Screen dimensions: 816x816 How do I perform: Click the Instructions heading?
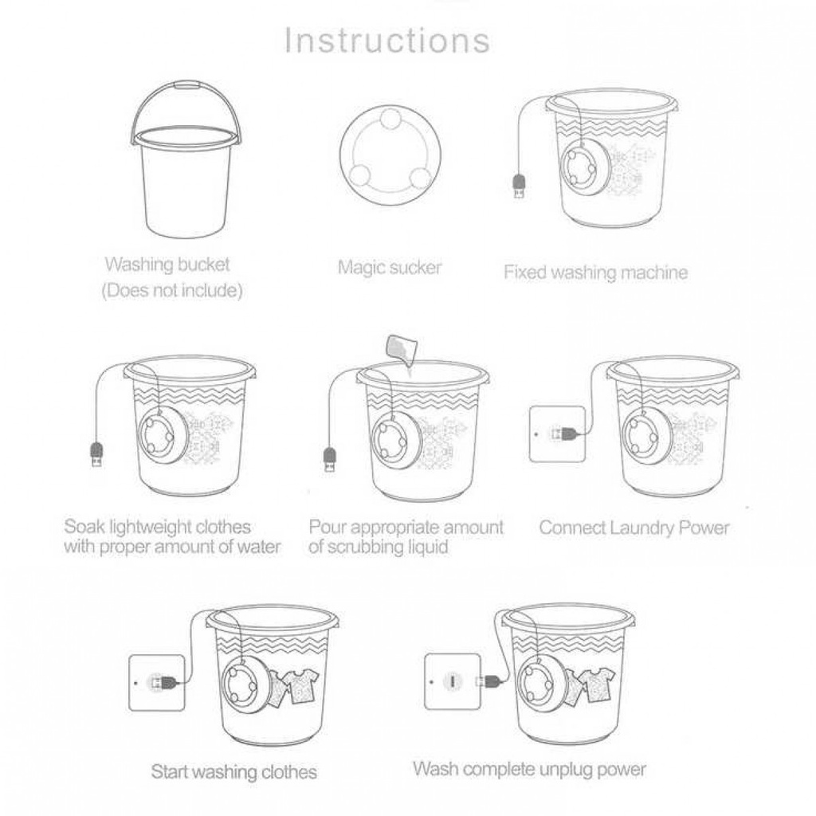387,41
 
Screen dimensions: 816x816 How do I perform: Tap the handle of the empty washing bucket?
186,84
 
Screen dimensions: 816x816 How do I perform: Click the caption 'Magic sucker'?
389,268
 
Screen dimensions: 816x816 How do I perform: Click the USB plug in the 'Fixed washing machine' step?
520,186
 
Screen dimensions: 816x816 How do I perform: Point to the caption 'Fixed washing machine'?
595,273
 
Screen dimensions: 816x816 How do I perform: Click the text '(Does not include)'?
172,290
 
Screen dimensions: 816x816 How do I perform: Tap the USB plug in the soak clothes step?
96,453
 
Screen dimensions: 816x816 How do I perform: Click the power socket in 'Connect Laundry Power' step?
557,433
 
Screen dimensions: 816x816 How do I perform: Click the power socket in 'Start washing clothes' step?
157,682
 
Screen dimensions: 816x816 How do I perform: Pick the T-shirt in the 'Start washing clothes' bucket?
302,685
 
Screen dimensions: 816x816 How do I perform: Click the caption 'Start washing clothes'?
233,771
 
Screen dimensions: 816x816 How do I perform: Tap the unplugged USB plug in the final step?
488,681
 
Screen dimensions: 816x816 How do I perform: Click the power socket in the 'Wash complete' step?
453,681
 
